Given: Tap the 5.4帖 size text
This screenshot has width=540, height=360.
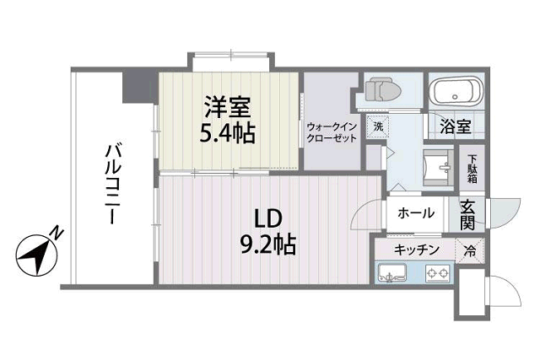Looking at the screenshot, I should pyautogui.click(x=229, y=133).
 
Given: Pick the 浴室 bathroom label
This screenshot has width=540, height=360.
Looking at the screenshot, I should pyautogui.click(x=455, y=127).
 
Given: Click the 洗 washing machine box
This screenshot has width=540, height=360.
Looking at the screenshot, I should pyautogui.click(x=379, y=126).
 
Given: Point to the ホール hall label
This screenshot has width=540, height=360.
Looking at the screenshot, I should pyautogui.click(x=415, y=213).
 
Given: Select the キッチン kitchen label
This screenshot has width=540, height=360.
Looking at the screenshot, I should pyautogui.click(x=416, y=250).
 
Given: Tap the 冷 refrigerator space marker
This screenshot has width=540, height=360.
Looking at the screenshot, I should pyautogui.click(x=470, y=250).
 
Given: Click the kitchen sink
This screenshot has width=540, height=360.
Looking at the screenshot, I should pyautogui.click(x=393, y=272).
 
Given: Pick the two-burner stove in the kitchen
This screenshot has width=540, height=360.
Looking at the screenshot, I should pyautogui.click(x=437, y=272).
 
